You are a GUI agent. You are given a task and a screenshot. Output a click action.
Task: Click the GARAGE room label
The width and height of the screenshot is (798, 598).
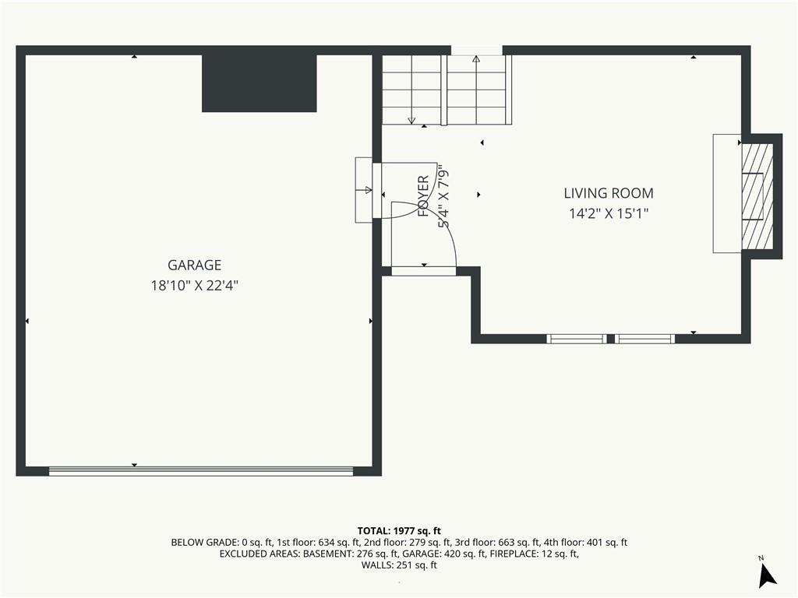click(194, 265)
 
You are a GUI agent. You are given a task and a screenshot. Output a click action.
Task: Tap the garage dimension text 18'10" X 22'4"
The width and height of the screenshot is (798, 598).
click(194, 285)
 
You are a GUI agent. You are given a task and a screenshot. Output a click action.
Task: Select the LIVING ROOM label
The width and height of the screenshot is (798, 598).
click(609, 193)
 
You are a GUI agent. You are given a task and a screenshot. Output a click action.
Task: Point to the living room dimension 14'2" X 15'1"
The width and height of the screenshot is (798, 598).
click(609, 213)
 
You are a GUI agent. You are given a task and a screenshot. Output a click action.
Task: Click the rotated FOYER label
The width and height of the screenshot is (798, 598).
click(423, 196)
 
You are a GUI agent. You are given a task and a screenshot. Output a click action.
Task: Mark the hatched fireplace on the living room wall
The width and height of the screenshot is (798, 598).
click(757, 196)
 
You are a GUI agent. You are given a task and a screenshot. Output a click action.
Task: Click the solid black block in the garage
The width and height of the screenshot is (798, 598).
click(260, 83)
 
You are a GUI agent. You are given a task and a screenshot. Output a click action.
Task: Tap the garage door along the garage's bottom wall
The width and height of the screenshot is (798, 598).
click(201, 471)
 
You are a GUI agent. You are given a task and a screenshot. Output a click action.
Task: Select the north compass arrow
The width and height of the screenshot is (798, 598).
click(767, 575)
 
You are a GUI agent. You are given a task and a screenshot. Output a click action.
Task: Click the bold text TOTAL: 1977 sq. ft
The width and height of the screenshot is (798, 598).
click(399, 531)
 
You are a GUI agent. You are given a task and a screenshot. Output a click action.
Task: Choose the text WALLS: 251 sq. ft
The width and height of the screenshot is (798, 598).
click(399, 565)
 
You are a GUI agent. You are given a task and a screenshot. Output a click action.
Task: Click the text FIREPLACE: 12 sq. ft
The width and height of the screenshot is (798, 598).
click(534, 554)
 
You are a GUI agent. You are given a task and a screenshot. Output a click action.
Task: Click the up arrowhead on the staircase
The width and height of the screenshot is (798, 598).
click(476, 59)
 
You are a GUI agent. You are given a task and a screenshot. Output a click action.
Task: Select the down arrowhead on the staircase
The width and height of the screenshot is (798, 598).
click(411, 121)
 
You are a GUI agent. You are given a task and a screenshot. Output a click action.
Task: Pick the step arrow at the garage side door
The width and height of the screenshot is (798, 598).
click(365, 190)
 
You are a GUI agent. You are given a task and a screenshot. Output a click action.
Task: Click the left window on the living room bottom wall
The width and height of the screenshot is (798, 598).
click(577, 339)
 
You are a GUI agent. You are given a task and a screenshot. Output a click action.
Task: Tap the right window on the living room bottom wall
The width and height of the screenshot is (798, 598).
click(644, 339)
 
